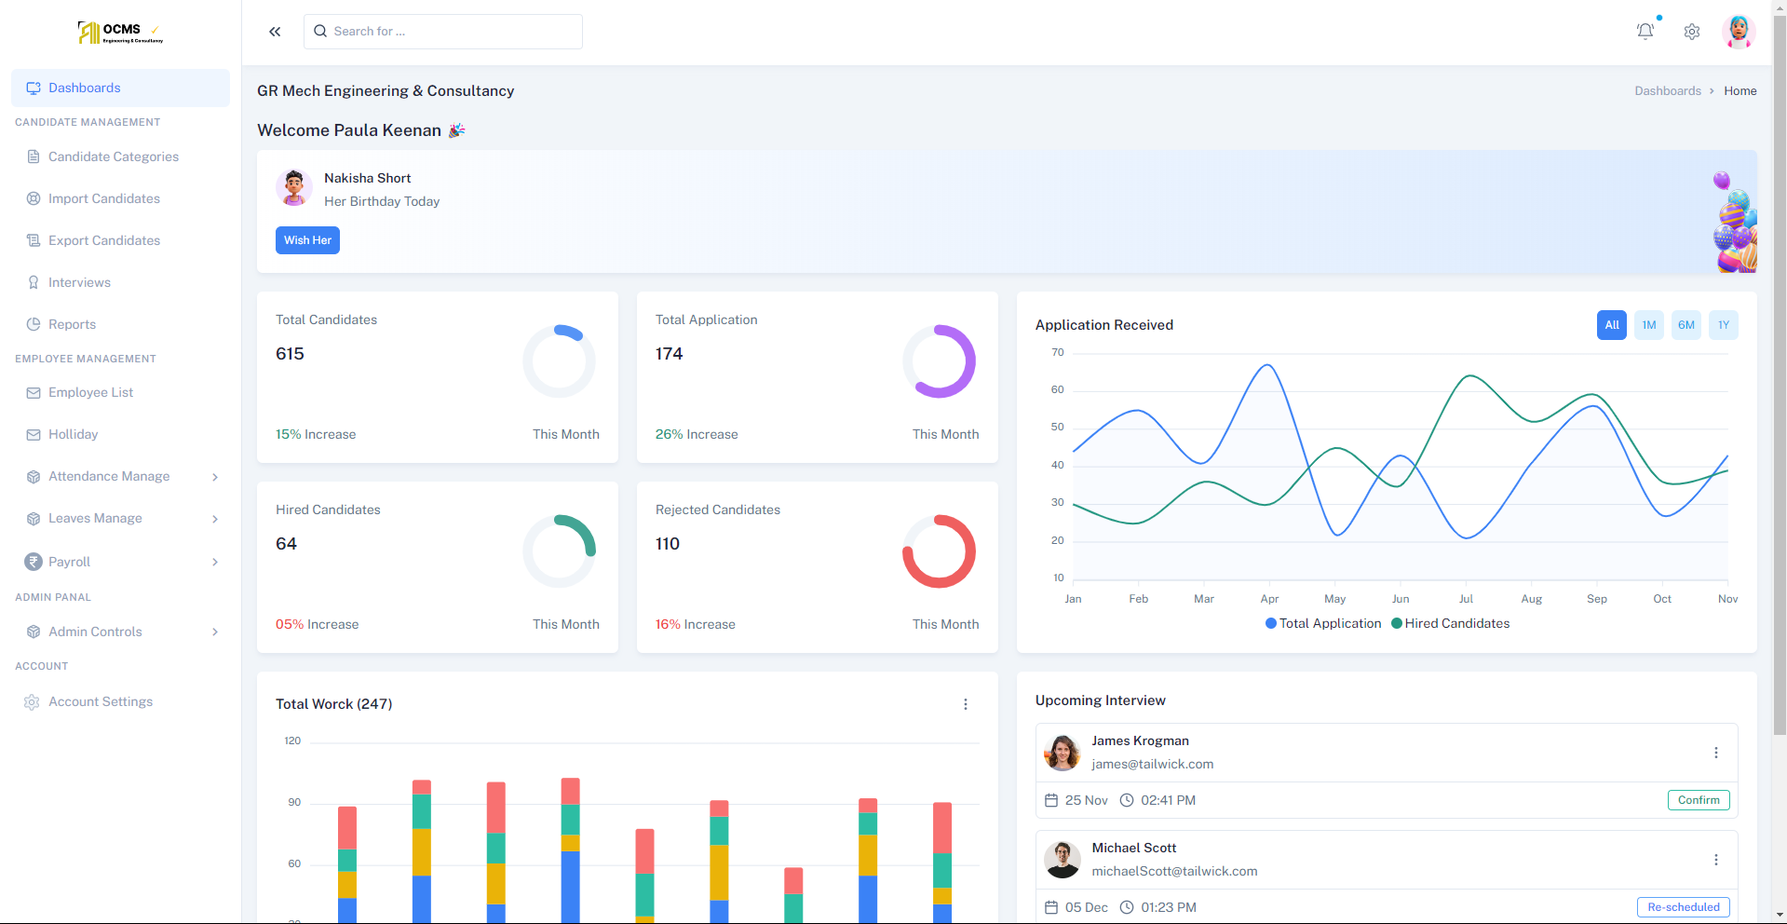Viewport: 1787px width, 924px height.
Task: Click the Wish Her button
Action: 307,240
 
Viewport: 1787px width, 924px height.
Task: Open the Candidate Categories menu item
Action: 113,156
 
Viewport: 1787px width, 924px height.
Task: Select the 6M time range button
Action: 1685,325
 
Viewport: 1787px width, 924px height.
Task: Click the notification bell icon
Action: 1645,31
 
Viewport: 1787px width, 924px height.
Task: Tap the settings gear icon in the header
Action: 1692,32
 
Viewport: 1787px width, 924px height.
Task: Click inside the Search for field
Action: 443,32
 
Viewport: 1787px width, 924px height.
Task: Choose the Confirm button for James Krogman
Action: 1698,800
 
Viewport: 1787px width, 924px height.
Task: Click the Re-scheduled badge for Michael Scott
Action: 1683,907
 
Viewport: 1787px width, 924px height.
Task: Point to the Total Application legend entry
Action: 1323,624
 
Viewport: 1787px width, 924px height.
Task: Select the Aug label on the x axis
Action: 1531,599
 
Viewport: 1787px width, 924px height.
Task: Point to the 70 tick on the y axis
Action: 1057,352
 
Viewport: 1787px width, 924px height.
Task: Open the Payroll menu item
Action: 70,562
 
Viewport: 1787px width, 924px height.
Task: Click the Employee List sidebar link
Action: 90,392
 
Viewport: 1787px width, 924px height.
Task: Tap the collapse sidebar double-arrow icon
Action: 275,32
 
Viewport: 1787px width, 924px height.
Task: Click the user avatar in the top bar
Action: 1738,32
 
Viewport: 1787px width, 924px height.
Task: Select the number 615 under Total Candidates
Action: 290,354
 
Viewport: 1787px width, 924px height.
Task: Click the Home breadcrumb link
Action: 1740,91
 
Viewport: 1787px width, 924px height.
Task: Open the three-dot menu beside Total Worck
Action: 965,704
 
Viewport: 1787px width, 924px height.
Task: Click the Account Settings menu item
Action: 100,701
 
